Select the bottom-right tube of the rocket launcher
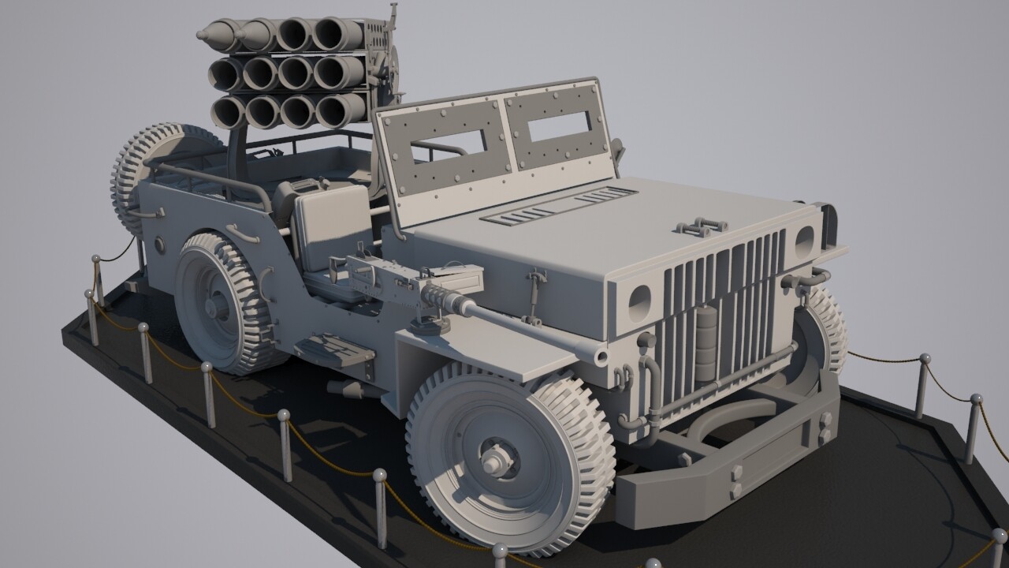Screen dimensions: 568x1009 pos(341,110)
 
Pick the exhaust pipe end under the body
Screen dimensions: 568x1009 pos(345,388)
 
